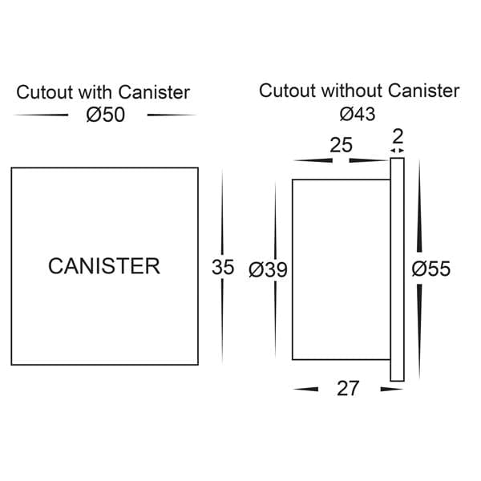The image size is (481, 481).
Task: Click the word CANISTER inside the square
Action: (104, 266)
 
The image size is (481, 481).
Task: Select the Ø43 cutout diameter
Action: (358, 115)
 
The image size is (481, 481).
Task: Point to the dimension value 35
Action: (223, 268)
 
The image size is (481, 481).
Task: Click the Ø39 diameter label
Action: (268, 269)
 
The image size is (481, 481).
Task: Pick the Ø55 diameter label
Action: (430, 269)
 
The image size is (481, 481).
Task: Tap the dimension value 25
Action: (342, 145)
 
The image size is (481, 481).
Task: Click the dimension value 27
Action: (347, 389)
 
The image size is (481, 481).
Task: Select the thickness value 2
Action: (398, 134)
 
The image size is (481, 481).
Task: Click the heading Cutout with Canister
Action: (103, 91)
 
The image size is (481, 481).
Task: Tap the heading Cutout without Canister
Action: (359, 91)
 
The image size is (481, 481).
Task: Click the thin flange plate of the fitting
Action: (398, 269)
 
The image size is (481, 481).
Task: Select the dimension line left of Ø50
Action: (41, 115)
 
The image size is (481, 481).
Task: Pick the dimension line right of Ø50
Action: (172, 115)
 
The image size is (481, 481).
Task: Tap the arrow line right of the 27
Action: (391, 390)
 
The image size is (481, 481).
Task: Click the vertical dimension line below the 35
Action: (222, 321)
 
